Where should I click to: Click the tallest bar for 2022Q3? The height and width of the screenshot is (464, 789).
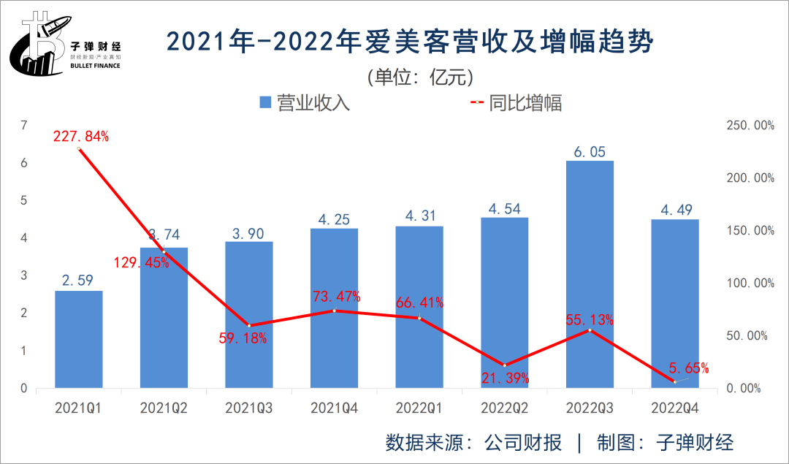(590, 274)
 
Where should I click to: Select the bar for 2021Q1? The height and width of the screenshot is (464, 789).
(79, 339)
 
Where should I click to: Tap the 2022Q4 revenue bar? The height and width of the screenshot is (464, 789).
(675, 303)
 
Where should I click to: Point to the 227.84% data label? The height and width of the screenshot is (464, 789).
(80, 136)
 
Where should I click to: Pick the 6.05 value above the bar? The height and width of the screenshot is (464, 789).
(589, 151)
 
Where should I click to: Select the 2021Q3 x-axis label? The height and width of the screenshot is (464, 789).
(249, 407)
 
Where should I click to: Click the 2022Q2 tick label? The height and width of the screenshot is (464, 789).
(505, 407)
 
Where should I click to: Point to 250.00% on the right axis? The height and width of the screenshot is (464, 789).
(751, 126)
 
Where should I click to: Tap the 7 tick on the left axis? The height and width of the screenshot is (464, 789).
(24, 126)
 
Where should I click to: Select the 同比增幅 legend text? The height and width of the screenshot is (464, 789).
(525, 102)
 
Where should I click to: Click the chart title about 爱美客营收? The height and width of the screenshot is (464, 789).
(409, 42)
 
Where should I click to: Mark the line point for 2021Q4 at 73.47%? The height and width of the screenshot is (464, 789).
(335, 311)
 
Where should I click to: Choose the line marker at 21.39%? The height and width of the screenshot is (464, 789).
(505, 365)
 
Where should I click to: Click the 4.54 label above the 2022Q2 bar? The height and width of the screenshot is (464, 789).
(505, 208)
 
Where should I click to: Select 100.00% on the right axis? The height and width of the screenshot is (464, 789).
(751, 284)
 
